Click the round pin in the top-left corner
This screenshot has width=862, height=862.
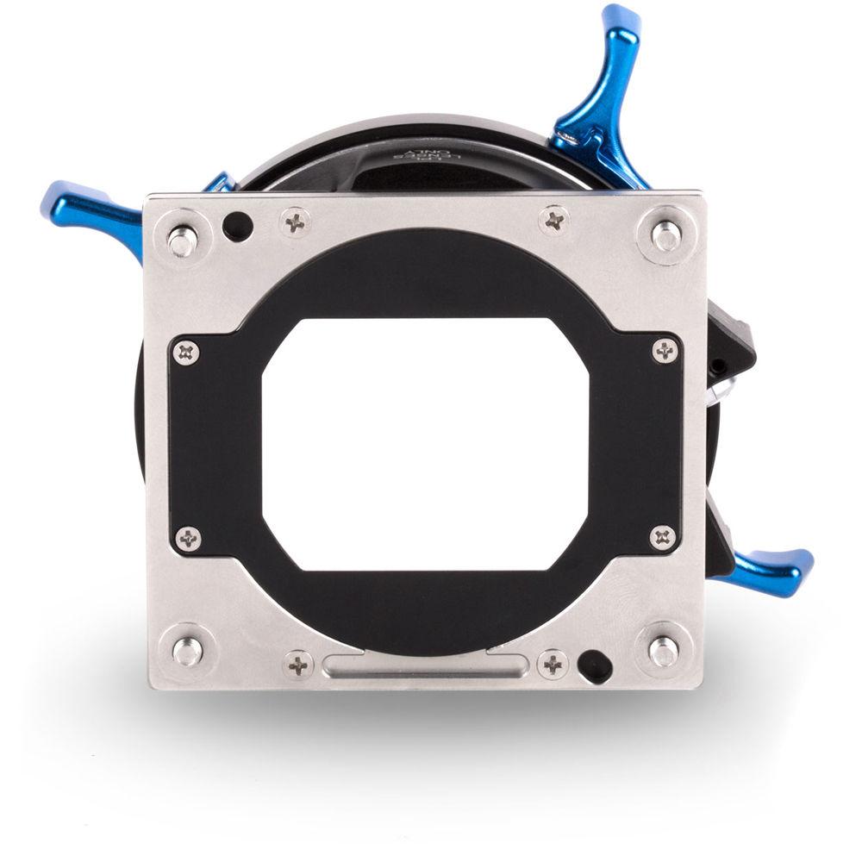point(181,240)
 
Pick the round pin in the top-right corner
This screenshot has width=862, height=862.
point(666,234)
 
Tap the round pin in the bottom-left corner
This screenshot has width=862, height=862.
point(186,651)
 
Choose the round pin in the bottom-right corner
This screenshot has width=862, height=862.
point(663,651)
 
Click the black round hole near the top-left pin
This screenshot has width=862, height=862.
point(237,227)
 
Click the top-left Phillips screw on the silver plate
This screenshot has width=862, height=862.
point(297,222)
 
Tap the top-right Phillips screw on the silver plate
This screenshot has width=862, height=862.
point(554,220)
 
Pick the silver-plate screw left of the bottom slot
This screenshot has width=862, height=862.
point(298,664)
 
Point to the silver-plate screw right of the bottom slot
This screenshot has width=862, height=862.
point(552,663)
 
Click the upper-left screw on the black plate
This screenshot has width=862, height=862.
point(185,351)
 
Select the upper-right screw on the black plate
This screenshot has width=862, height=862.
point(665,350)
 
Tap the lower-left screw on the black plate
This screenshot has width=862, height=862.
point(188,539)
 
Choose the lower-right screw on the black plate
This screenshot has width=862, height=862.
point(662,537)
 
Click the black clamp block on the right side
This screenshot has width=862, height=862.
point(733,353)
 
